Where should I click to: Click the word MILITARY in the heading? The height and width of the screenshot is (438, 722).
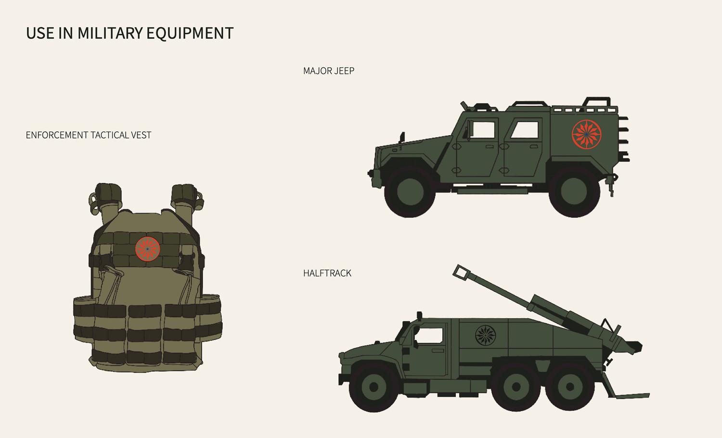[x=110, y=33]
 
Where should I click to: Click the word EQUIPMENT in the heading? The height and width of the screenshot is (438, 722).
[x=190, y=34]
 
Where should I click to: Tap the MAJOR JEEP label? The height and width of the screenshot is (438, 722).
[x=329, y=71]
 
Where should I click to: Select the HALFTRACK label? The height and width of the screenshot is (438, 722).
[x=327, y=273]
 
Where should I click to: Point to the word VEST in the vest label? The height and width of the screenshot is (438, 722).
[x=141, y=135]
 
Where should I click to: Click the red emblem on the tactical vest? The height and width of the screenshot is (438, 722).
[x=148, y=249]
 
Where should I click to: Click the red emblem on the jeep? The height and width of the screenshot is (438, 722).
[x=587, y=134]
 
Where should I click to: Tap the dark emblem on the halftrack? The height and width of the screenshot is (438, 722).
[x=485, y=335]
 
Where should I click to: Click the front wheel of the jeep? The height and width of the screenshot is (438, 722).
[x=410, y=191]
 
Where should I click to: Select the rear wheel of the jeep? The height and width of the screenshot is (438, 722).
[x=574, y=191]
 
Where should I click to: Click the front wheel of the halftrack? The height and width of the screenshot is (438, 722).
[x=374, y=387]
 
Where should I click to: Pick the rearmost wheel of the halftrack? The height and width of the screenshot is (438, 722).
[x=570, y=387]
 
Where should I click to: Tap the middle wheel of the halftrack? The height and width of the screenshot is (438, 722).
[x=516, y=387]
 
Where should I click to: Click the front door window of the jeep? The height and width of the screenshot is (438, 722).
[x=482, y=129]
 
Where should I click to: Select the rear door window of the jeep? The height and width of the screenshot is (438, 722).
[x=525, y=129]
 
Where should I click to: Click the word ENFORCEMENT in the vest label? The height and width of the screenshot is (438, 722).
[x=56, y=135]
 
